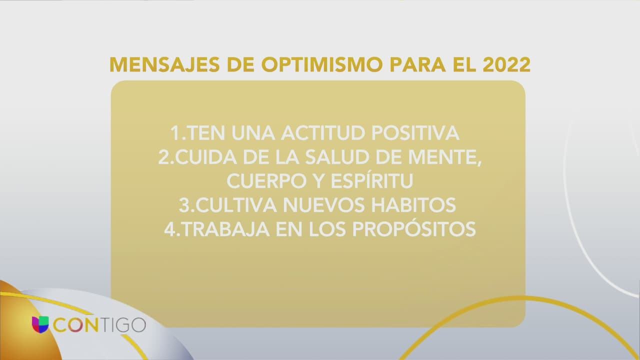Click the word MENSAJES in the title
tap(164, 65)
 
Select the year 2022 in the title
tap(506, 65)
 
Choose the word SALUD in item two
tap(337, 157)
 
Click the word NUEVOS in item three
tap(324, 204)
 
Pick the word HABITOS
tap(413, 204)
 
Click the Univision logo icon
tap(40, 324)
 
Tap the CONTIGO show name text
tap(99, 325)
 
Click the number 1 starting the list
tap(175, 133)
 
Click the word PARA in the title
tap(417, 65)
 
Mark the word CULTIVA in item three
tap(236, 204)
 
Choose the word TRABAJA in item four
tap(225, 229)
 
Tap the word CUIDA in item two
tap(205, 157)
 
